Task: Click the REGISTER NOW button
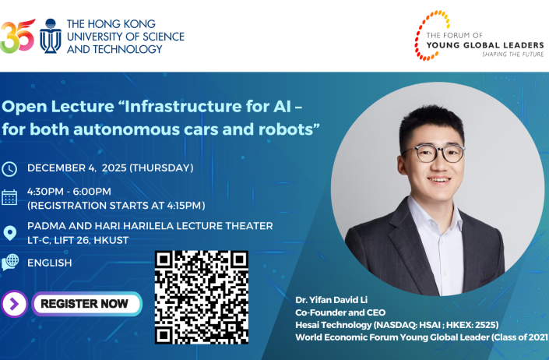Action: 85,304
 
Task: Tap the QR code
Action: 202,297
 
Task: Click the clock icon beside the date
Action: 9,169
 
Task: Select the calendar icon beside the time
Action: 9,197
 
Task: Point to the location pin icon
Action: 10,232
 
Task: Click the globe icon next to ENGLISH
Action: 10,263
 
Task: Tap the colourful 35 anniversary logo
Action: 17,36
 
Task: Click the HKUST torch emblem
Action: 50,37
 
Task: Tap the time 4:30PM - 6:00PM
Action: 69,191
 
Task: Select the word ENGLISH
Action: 50,263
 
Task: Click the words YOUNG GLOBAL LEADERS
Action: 480,45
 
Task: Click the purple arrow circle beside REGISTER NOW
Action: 15,304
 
